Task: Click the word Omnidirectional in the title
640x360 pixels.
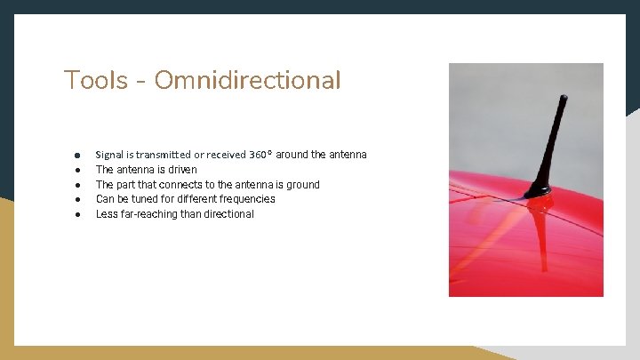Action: tap(247, 81)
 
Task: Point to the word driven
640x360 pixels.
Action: tap(181, 169)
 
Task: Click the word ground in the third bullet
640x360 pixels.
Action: tap(303, 184)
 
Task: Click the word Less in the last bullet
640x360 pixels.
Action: tap(107, 214)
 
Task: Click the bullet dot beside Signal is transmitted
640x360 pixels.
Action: tap(78, 155)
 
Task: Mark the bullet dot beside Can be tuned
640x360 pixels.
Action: tap(78, 199)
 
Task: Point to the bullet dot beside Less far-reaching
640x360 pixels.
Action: tap(78, 214)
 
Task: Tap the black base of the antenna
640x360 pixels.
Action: tap(539, 190)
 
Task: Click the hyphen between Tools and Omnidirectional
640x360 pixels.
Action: tap(141, 83)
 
